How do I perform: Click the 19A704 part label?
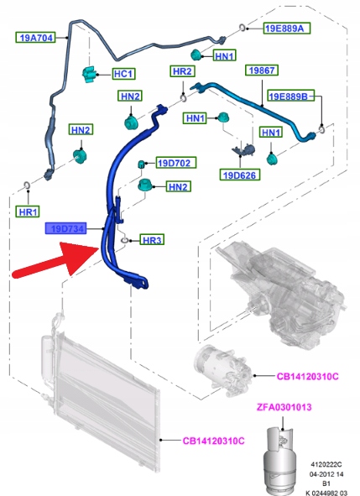tap(36, 38)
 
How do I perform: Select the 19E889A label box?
tap(287, 29)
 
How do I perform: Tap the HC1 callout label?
tap(124, 74)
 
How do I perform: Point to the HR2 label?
tap(182, 71)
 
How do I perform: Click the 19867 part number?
tap(262, 70)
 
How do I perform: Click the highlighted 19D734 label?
tap(65, 228)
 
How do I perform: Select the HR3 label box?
tap(152, 240)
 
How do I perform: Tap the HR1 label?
tap(28, 211)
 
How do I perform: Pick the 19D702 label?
tap(176, 163)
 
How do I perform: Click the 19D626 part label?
tap(240, 175)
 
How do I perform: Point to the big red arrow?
tap(56, 260)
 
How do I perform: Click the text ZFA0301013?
tap(284, 407)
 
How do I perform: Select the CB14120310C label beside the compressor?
tap(307, 377)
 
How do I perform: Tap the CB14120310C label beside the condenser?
tap(213, 441)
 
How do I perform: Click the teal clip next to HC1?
tap(89, 75)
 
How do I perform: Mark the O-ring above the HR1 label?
tap(27, 185)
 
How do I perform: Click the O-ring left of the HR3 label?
tap(125, 241)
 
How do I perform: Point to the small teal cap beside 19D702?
tap(141, 164)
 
